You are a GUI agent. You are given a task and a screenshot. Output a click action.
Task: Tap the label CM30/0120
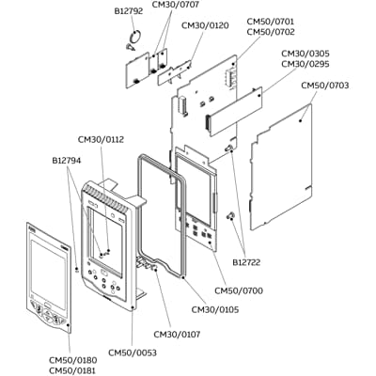tap(204, 24)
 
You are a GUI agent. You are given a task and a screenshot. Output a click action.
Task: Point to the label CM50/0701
tap(271, 20)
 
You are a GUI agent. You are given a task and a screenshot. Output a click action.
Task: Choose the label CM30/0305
tap(306, 54)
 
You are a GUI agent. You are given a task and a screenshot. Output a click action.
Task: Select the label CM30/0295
tap(306, 65)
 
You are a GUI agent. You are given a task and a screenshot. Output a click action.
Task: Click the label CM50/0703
tap(325, 86)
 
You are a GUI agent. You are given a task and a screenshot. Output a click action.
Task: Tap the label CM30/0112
tap(101, 139)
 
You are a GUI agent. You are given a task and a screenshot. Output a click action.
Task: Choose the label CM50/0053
tap(133, 352)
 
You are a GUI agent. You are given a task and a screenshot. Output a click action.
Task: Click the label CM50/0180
tap(72, 359)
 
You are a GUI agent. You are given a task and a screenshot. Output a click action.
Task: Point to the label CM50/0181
tap(72, 370)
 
